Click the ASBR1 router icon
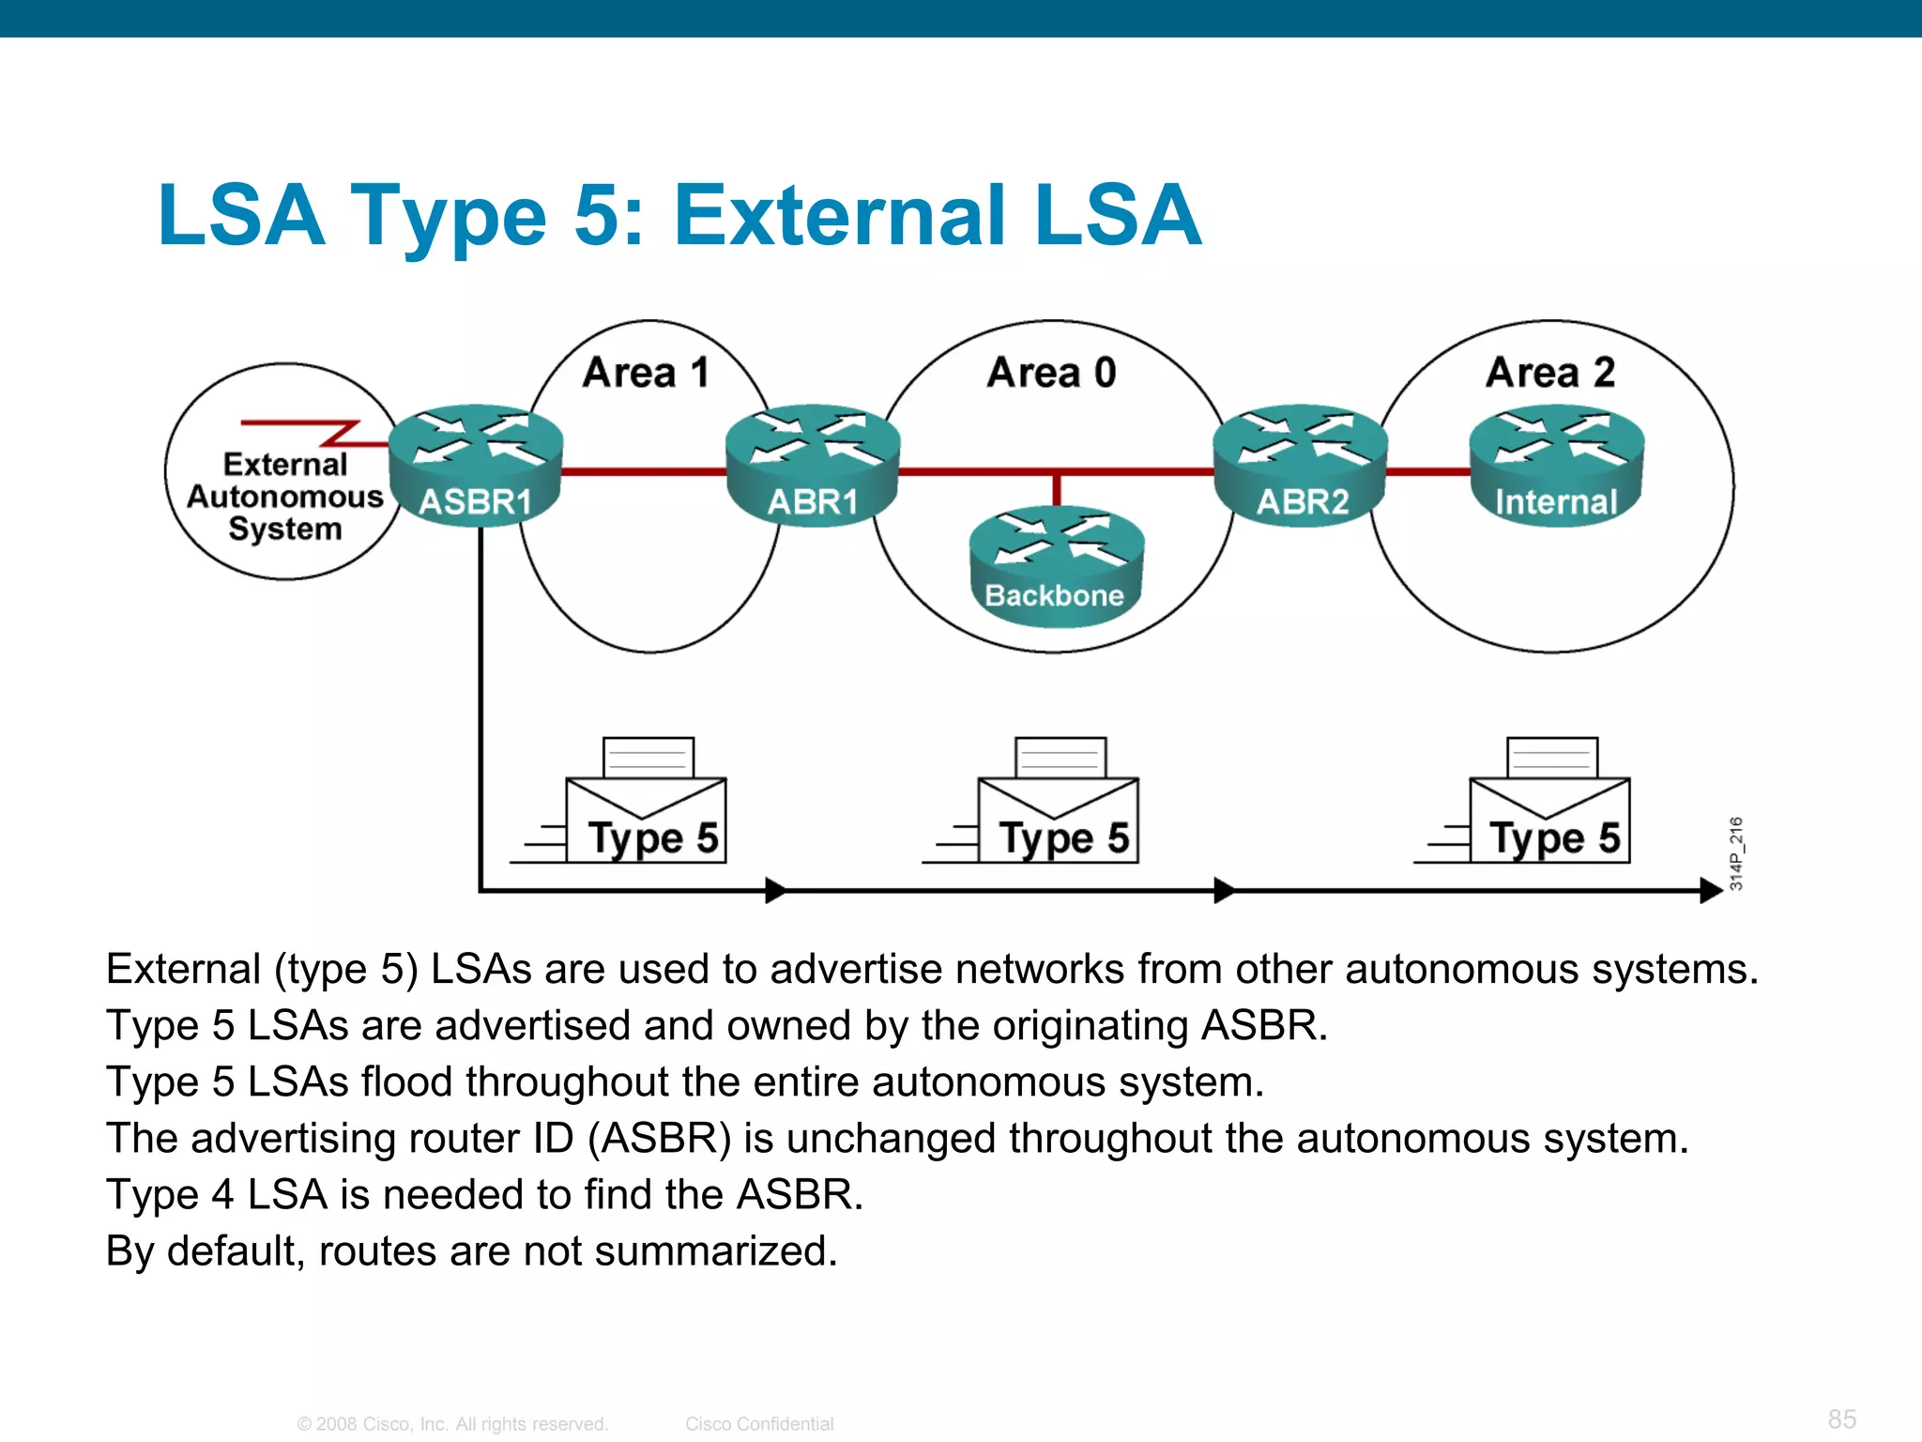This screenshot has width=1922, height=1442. click(476, 466)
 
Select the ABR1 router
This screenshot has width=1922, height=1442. click(813, 466)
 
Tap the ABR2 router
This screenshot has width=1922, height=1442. click(1301, 466)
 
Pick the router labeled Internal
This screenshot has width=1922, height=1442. click(1556, 466)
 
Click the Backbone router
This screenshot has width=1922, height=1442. click(1056, 567)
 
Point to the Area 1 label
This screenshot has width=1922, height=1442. click(646, 373)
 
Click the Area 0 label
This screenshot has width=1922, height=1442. click(1052, 373)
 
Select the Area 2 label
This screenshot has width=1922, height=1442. click(1550, 373)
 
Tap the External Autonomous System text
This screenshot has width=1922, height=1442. click(285, 497)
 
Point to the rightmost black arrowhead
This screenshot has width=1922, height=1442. click(1710, 890)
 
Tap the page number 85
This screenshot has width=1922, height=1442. click(1841, 1419)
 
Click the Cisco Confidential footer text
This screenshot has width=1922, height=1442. click(759, 1424)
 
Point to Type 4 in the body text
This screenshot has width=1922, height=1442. click(170, 1195)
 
